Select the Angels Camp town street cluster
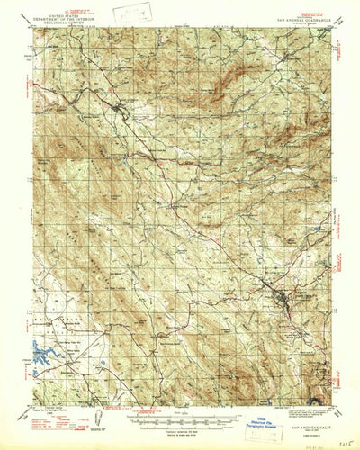(281, 297)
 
